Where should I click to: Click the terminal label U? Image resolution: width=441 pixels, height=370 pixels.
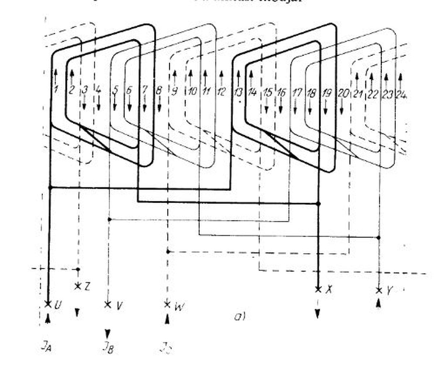coord(57,305)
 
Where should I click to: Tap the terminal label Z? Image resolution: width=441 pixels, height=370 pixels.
coord(87,287)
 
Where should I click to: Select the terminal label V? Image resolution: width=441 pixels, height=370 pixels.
coord(119,306)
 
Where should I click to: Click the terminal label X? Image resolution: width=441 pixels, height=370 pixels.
coord(328,289)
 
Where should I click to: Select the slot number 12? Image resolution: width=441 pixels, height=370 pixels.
coord(221,91)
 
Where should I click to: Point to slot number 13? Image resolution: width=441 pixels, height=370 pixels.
coord(238,92)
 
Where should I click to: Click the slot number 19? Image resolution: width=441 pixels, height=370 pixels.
coord(326,93)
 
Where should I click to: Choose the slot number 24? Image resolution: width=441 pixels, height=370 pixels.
coord(401,95)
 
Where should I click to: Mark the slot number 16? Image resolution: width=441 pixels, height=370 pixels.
coord(281,92)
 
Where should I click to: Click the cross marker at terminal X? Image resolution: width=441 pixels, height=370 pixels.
coord(318,289)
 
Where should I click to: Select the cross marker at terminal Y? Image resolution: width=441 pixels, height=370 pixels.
coord(379,290)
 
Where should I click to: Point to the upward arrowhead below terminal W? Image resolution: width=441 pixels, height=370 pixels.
coord(167,319)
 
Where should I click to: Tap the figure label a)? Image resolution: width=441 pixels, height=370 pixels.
coord(240,317)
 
